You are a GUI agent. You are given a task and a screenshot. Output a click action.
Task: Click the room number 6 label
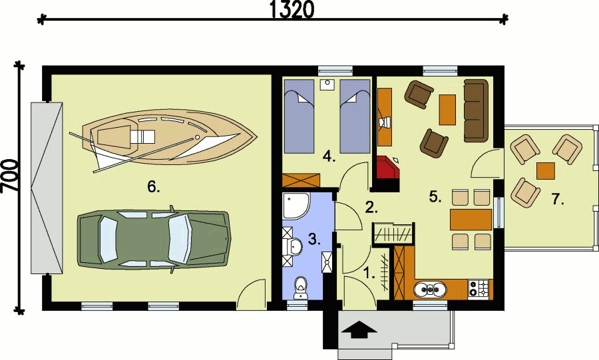click(x=154, y=187)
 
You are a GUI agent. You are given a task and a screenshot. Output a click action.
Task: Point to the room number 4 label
click(x=328, y=157)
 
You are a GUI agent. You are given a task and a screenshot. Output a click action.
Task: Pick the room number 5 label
click(x=435, y=196)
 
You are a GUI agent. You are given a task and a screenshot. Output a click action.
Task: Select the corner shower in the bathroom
click(x=295, y=206)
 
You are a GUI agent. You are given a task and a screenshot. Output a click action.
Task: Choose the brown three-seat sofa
click(x=475, y=110)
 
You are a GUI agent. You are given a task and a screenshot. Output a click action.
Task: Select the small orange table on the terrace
click(x=545, y=170)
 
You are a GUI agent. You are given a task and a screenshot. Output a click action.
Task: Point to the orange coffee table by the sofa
click(x=447, y=109)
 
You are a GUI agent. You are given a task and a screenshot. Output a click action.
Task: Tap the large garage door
click(x=47, y=188)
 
